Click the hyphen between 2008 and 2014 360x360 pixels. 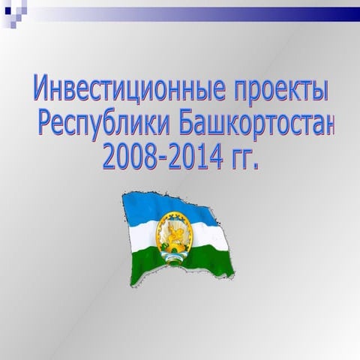(155, 157)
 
